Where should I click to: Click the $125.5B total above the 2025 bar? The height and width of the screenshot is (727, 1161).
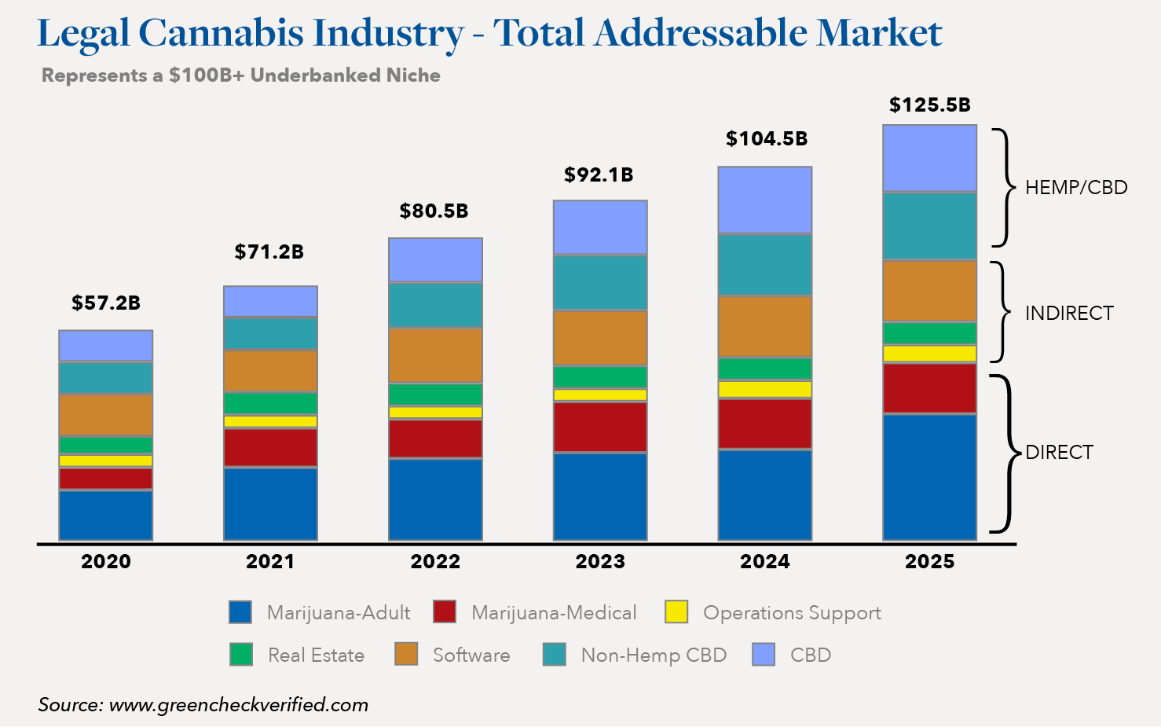point(929,105)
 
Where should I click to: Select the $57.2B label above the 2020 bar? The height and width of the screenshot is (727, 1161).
point(106,303)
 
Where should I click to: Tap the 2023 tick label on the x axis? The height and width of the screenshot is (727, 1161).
point(600,562)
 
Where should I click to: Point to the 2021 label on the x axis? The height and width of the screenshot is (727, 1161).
point(270,562)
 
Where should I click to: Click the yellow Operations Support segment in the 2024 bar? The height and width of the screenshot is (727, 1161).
point(765,389)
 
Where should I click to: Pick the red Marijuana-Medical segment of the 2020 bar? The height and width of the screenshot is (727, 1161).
point(106,479)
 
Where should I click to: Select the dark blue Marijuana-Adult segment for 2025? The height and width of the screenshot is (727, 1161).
point(929,476)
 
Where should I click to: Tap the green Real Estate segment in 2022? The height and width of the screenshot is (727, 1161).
point(435,394)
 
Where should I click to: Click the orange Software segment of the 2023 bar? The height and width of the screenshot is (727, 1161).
point(600,338)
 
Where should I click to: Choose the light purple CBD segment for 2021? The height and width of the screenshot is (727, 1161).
point(270,302)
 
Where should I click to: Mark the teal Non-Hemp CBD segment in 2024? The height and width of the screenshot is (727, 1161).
point(765,265)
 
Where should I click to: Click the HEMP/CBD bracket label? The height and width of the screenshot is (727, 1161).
point(1076,188)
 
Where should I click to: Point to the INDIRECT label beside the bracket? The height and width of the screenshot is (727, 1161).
point(1069,314)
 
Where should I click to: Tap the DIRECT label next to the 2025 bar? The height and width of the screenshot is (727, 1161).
point(1059,453)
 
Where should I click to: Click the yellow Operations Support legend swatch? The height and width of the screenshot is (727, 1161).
point(676,612)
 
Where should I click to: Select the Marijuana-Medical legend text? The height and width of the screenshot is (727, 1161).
point(554,613)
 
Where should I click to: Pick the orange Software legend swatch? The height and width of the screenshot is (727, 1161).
point(406,655)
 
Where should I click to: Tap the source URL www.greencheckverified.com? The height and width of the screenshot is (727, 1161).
point(239,705)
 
